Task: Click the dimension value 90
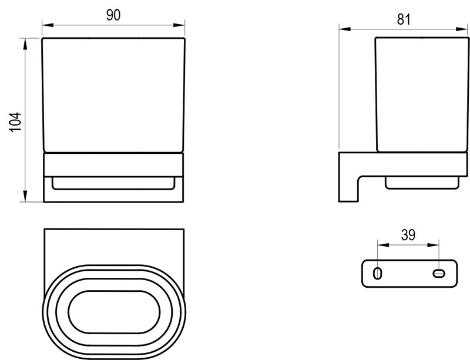pos(113,15)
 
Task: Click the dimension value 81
pos(403,19)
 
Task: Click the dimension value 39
pos(408,235)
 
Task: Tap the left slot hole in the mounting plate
pos(378,272)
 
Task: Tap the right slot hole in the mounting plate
pos(439,272)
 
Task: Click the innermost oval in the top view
pos(114,310)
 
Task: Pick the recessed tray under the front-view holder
pos(114,183)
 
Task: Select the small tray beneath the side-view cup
pos(421,183)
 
